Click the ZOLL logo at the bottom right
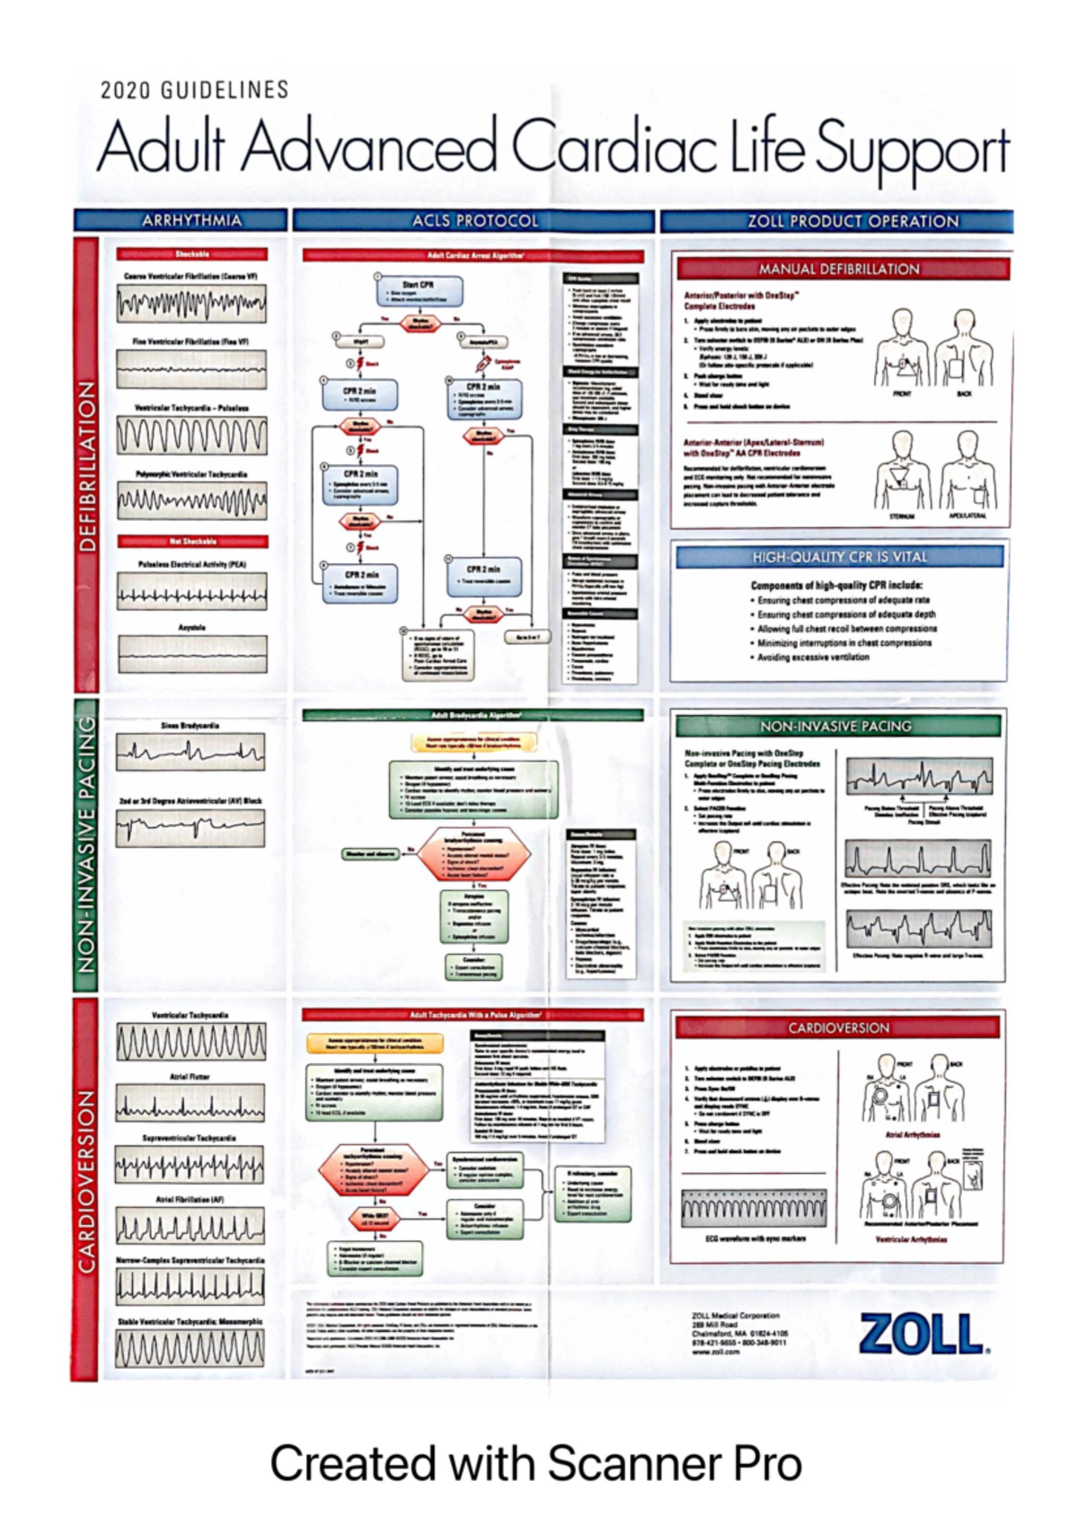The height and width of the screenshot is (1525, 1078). click(923, 1334)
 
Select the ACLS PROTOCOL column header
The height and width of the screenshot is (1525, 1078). click(474, 221)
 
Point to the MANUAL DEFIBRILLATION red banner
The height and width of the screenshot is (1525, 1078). click(839, 269)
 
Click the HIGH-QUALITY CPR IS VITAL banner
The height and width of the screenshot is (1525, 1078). click(839, 557)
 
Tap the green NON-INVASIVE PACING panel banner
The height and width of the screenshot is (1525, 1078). click(835, 726)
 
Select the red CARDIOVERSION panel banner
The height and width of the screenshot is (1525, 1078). click(838, 1027)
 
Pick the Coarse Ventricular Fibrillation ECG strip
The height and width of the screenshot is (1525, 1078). click(191, 305)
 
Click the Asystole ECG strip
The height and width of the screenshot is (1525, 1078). click(192, 654)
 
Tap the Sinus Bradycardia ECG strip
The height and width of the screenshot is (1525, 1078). click(190, 752)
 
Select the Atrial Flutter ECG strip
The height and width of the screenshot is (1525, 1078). click(190, 1104)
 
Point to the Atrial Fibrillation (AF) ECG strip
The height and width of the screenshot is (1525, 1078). click(190, 1227)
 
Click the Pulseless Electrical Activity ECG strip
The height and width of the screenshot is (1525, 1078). click(192, 591)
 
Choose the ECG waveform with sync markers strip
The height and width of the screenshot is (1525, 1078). click(755, 1209)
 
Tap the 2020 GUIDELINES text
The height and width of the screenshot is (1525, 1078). click(194, 91)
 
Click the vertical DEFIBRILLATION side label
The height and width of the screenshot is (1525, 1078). click(86, 465)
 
